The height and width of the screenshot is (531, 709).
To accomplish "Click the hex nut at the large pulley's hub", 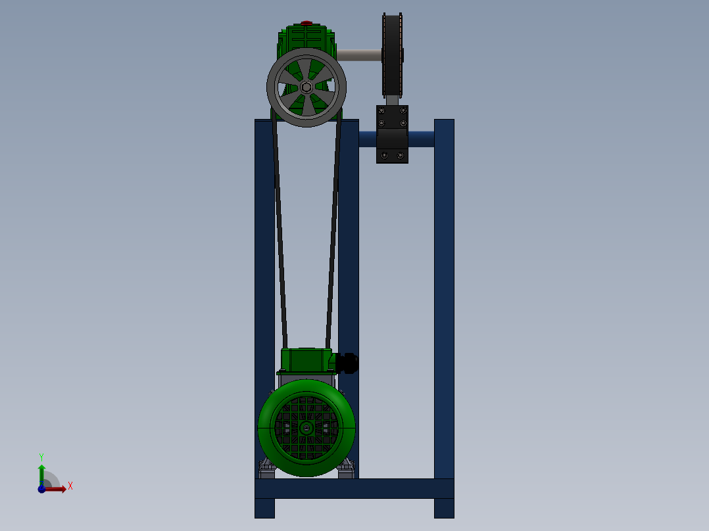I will [x=306, y=87].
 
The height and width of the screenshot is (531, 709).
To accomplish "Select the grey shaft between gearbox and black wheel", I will [x=360, y=55].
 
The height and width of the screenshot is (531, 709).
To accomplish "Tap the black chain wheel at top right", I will [x=393, y=56].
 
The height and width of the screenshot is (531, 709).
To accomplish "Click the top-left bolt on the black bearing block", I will [x=381, y=111].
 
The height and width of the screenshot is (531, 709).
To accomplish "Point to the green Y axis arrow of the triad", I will [x=41, y=471].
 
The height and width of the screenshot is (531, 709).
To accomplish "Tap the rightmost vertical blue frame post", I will [x=444, y=296].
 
